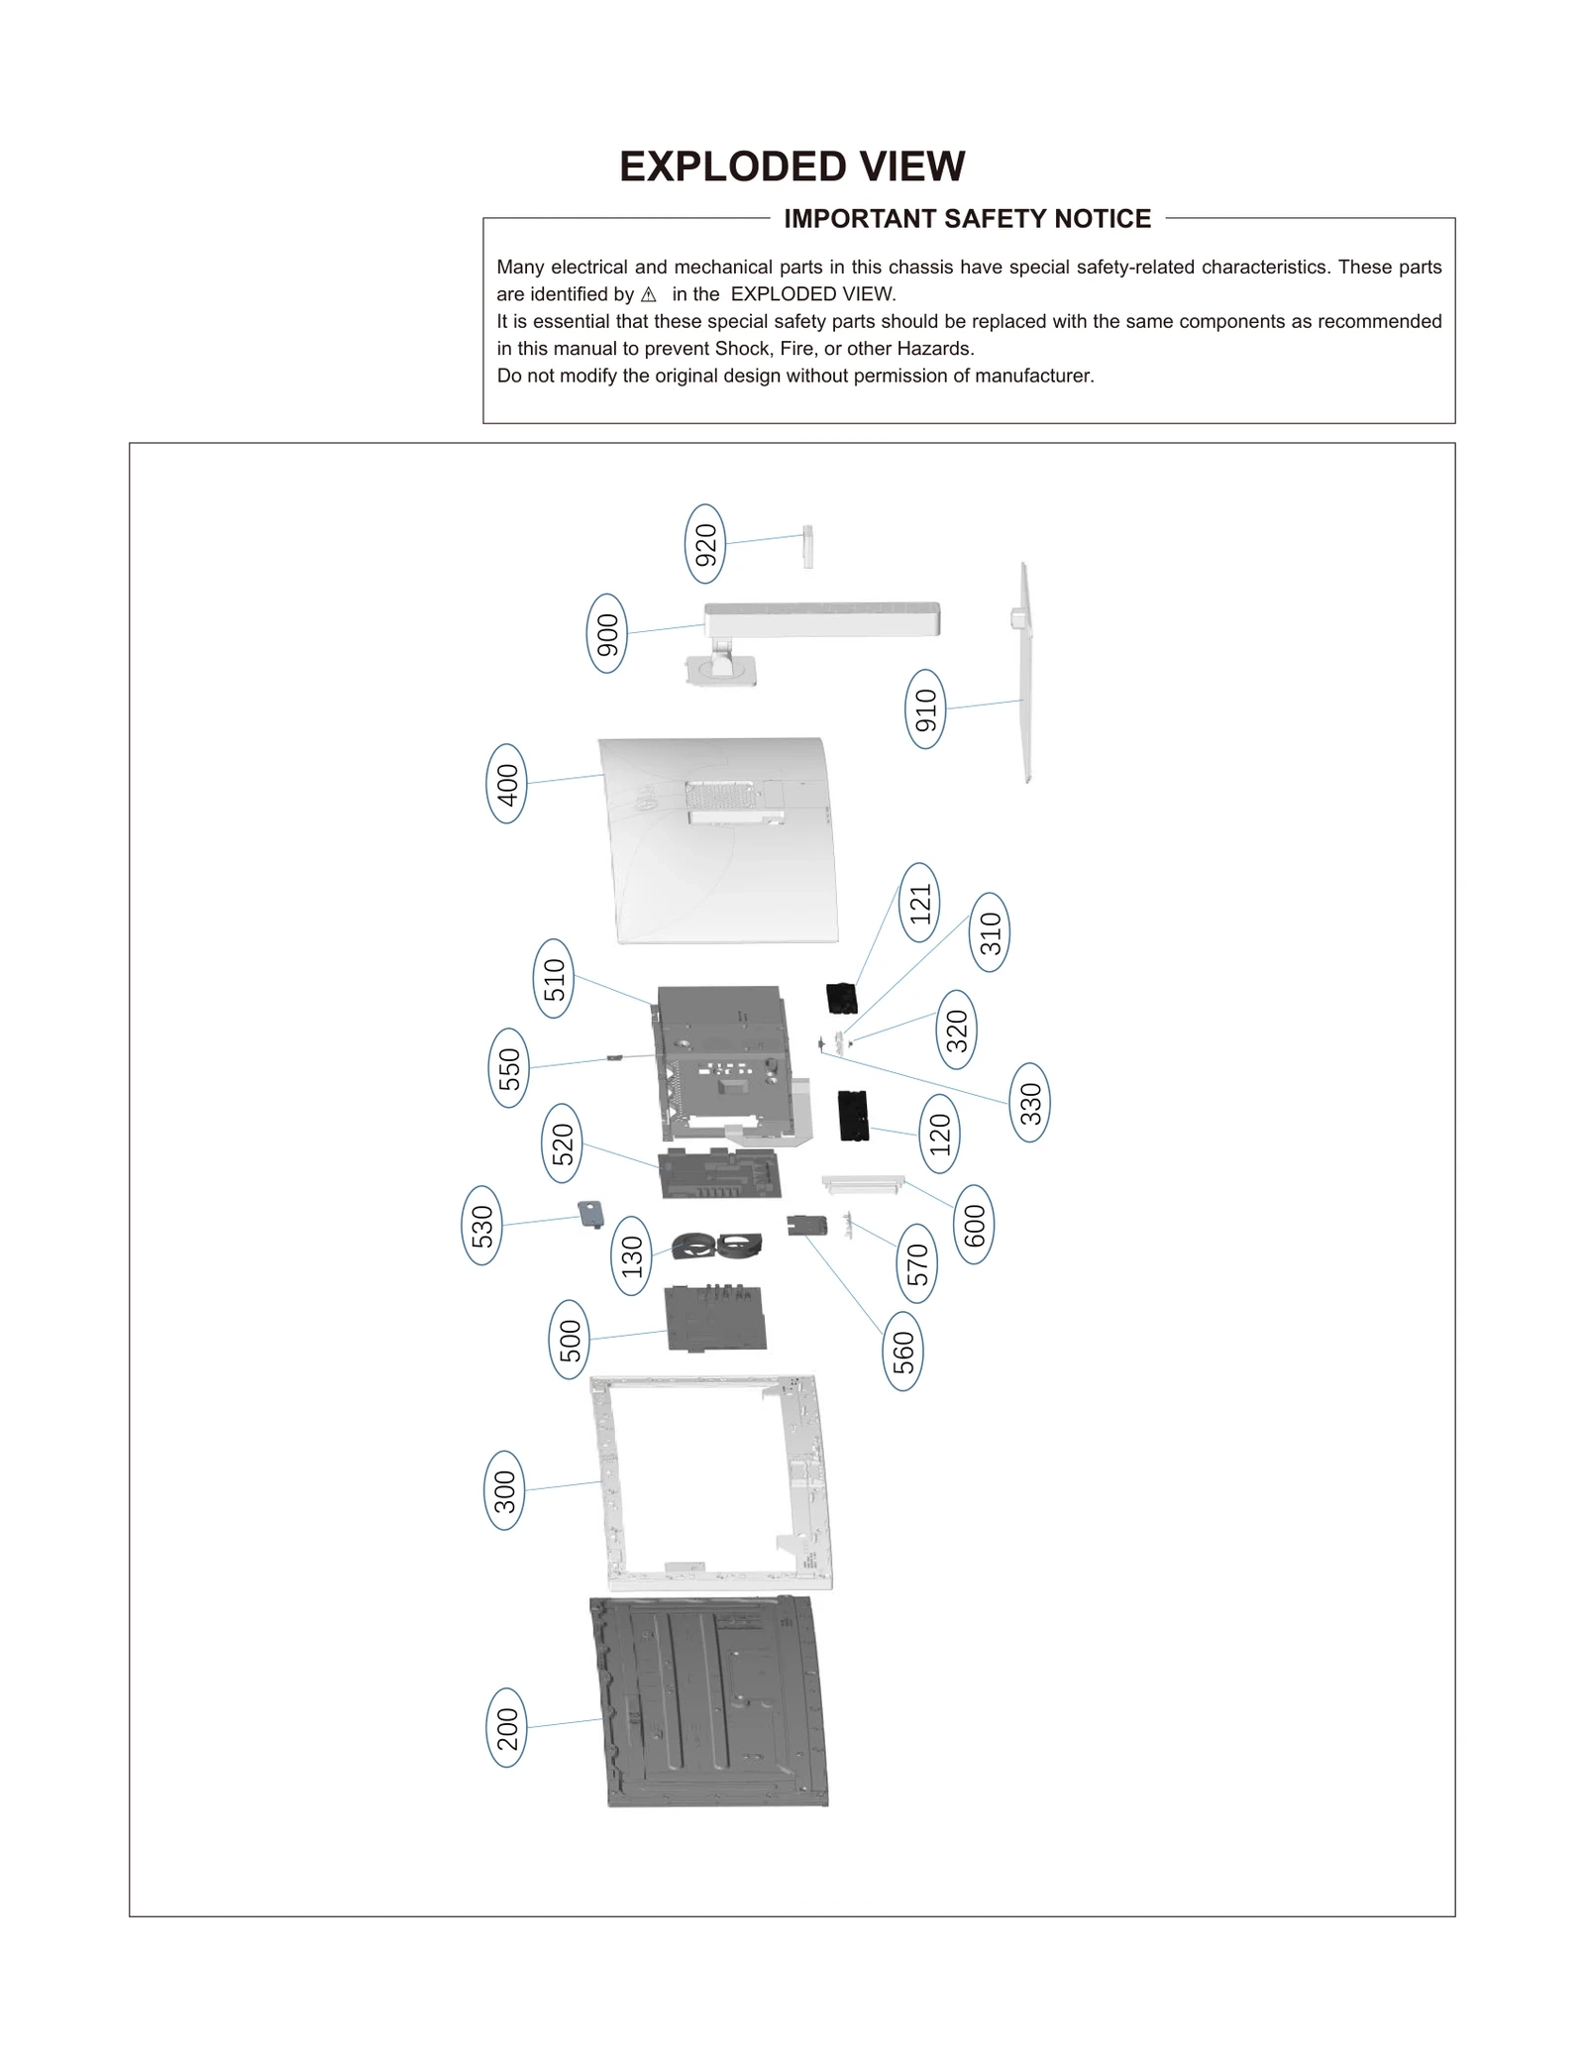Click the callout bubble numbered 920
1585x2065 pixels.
[704, 544]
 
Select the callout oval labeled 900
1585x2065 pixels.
[607, 633]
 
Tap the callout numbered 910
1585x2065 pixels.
[925, 708]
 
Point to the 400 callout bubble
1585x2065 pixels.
[506, 784]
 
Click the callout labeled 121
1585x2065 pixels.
[920, 903]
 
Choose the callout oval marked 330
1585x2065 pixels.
[1030, 1103]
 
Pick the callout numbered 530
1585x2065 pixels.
[481, 1225]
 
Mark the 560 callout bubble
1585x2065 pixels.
[902, 1352]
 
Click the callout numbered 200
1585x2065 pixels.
[506, 1728]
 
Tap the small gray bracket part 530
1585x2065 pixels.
[591, 1214]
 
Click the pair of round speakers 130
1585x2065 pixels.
[717, 1245]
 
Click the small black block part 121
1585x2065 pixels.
[841, 998]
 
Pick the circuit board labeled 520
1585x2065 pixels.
[720, 1174]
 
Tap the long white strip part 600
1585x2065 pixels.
[863, 1182]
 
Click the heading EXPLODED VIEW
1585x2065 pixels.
[792, 166]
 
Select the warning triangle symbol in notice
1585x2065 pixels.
[649, 295]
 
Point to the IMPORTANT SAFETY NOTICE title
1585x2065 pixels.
[967, 219]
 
